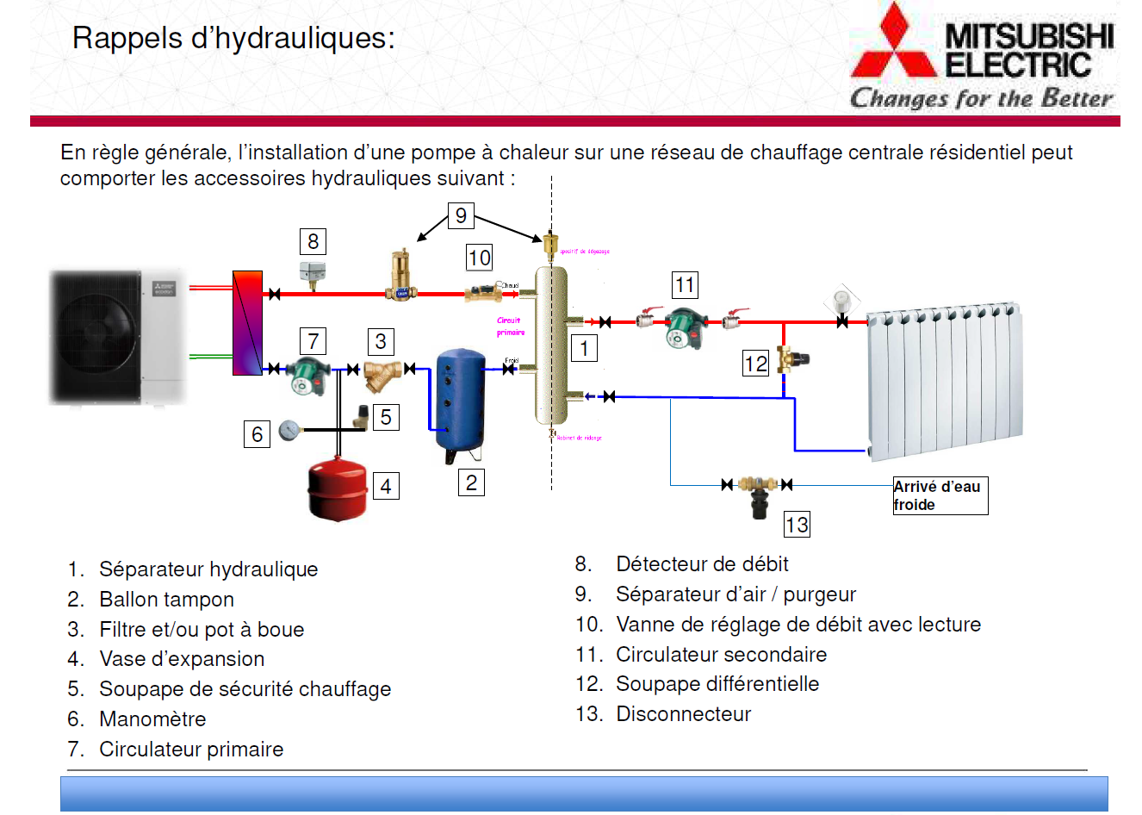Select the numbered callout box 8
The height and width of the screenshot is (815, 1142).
tap(313, 241)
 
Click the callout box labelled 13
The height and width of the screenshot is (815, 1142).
tap(797, 525)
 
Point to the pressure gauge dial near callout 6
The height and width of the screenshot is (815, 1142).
tap(289, 429)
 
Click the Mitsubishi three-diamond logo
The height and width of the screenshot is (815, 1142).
tap(893, 43)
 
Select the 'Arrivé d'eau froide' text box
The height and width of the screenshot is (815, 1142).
tap(940, 495)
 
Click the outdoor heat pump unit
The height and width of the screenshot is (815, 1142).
tap(118, 336)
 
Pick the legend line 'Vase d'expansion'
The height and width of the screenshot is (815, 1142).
tap(182, 659)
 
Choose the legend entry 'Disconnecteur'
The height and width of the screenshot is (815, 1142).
tap(683, 714)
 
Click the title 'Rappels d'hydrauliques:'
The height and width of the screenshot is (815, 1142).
tap(233, 38)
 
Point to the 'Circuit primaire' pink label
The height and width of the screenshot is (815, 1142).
tap(510, 326)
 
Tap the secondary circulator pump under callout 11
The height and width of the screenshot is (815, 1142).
tap(685, 327)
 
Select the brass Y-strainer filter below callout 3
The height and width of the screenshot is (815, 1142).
tap(381, 374)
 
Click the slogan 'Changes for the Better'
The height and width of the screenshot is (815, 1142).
tap(981, 98)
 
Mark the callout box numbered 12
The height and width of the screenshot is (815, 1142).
tap(755, 364)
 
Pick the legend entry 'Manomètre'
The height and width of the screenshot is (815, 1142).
tap(152, 719)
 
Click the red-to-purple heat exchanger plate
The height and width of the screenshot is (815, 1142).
tap(247, 323)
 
